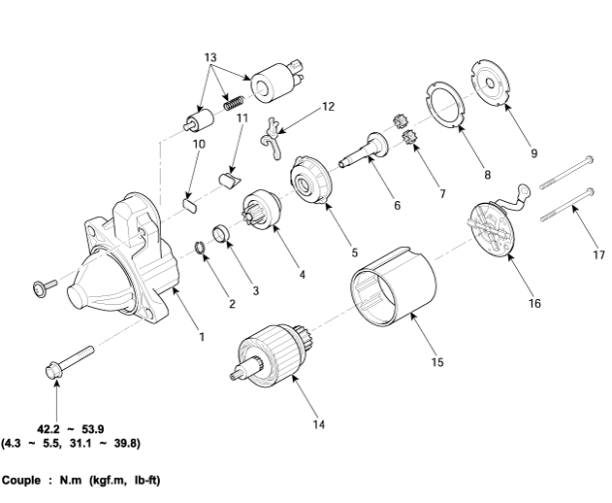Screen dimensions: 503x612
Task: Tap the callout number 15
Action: pyautogui.click(x=437, y=362)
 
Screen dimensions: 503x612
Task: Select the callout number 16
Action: pyautogui.click(x=534, y=303)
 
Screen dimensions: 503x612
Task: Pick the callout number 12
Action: pyautogui.click(x=328, y=106)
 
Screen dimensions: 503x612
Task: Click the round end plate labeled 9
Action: pyautogui.click(x=496, y=83)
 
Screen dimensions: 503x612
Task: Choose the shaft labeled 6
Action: pyautogui.click(x=366, y=151)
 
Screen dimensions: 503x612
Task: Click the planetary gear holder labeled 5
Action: pyautogui.click(x=313, y=182)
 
